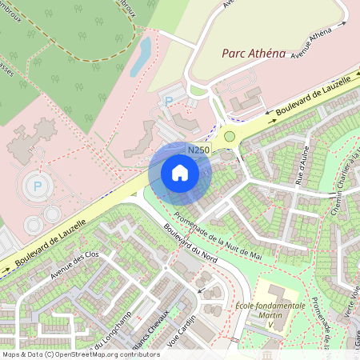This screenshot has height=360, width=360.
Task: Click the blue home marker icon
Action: pyautogui.click(x=180, y=172)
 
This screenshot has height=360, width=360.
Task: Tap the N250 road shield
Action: pyautogui.click(x=198, y=150)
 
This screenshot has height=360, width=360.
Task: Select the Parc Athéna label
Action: pyautogui.click(x=254, y=54)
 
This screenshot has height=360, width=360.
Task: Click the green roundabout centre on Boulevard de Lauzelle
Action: pyautogui.click(x=230, y=137)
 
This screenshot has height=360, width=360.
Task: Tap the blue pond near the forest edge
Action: pyautogui.click(x=142, y=55)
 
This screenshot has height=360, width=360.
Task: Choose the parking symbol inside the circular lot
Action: pyautogui.click(x=37, y=186)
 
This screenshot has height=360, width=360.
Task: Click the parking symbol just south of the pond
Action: pyautogui.click(x=168, y=101)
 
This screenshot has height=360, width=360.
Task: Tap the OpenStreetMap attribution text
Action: pyautogui.click(x=80, y=354)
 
